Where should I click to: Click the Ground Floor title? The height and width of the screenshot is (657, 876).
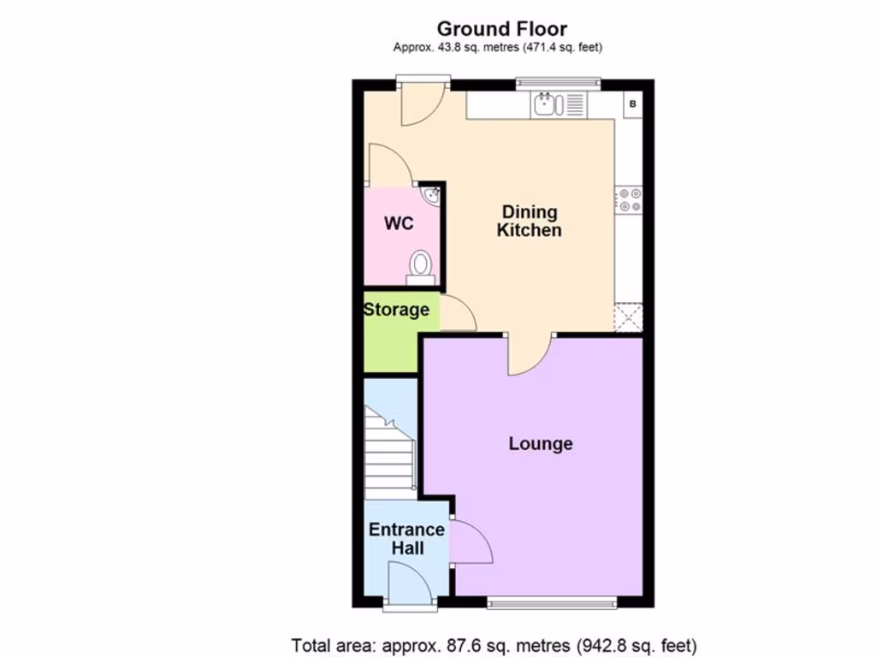(x=501, y=30)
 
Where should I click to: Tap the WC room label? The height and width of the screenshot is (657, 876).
(x=399, y=224)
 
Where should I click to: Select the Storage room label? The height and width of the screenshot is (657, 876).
(x=396, y=310)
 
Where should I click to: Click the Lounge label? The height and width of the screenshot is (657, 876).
(x=541, y=443)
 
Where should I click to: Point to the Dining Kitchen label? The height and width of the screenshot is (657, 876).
(x=530, y=221)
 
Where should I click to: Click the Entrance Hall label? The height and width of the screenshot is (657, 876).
(x=406, y=538)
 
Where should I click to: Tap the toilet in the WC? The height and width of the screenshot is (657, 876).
(x=420, y=266)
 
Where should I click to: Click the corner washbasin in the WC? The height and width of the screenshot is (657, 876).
(x=432, y=196)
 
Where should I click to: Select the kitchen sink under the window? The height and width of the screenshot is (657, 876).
(x=545, y=105)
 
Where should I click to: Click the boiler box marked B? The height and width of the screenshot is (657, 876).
(x=633, y=104)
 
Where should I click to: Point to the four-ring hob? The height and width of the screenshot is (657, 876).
(x=630, y=199)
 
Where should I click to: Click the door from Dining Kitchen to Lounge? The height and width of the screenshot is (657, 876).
(x=530, y=354)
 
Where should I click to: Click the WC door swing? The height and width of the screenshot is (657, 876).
(x=389, y=166)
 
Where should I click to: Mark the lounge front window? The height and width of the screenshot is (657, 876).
(x=552, y=603)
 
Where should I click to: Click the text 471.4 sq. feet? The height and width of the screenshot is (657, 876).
(x=555, y=48)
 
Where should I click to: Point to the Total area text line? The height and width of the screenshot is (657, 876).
(x=494, y=644)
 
